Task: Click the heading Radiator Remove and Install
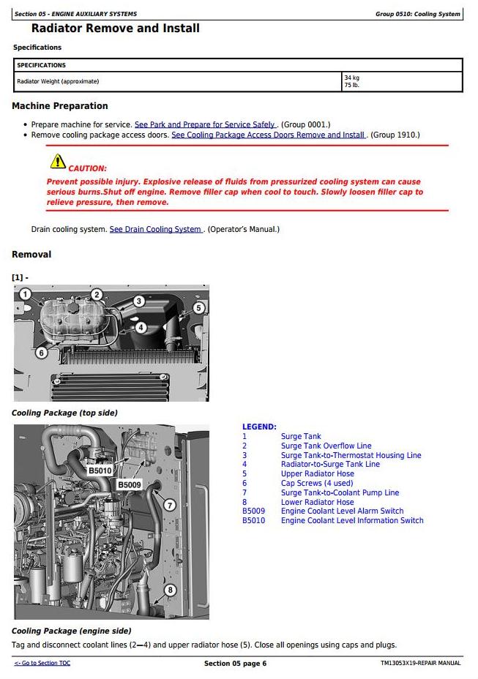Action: click(x=116, y=29)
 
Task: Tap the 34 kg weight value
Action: click(x=351, y=78)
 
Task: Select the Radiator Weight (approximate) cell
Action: click(x=58, y=81)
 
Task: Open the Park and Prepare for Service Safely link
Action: click(x=205, y=125)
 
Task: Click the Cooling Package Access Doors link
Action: click(x=268, y=135)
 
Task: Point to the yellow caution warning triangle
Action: click(x=57, y=162)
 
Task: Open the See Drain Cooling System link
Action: click(x=156, y=230)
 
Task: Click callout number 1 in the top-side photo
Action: click(x=25, y=295)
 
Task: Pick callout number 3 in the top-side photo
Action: click(x=139, y=301)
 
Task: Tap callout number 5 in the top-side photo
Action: click(x=198, y=308)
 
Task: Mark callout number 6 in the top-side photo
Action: click(x=42, y=353)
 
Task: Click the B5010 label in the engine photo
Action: click(x=100, y=470)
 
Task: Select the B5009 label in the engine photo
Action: click(x=130, y=484)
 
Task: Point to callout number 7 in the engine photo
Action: click(x=169, y=505)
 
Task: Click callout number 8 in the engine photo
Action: click(x=170, y=590)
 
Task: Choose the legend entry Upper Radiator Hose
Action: click(x=317, y=474)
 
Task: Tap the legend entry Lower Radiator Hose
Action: click(x=317, y=502)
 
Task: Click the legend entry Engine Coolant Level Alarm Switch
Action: click(x=342, y=511)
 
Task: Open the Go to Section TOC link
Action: click(x=42, y=663)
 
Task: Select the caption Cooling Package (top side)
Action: click(x=64, y=413)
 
